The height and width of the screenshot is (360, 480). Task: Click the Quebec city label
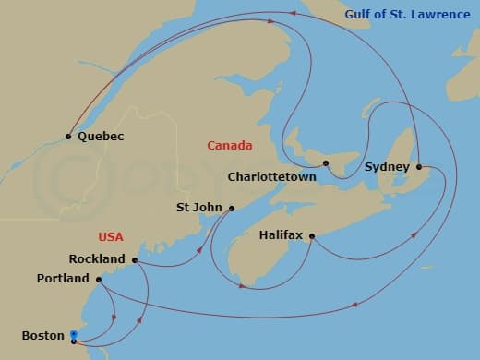click(101, 137)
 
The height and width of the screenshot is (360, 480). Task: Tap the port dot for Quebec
click(68, 137)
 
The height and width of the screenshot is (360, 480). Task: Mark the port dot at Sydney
click(419, 167)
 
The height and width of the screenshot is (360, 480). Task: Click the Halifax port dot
click(312, 237)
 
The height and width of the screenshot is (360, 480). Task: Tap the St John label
click(198, 209)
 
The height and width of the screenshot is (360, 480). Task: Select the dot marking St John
click(232, 209)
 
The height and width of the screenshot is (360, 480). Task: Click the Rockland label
click(97, 260)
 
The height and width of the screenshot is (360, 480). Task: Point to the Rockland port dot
click(135, 260)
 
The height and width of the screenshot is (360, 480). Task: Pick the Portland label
click(64, 279)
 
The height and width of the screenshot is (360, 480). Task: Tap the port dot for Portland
click(99, 279)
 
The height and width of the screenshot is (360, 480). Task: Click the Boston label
click(42, 336)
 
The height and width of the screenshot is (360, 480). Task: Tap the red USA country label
click(110, 237)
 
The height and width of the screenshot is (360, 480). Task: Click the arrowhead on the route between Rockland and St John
click(200, 248)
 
